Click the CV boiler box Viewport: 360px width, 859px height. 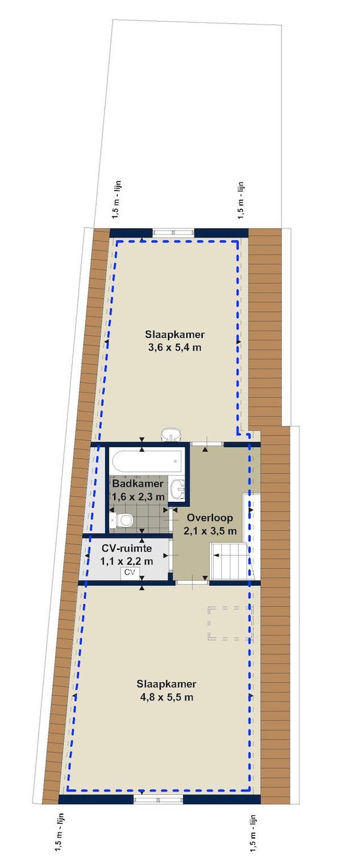pos(130,572)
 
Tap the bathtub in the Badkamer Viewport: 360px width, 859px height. pos(148,462)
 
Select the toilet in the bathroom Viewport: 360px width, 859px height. pos(122,521)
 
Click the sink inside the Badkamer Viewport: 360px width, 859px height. pos(178,489)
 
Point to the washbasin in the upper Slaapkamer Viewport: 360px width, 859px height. pos(171,435)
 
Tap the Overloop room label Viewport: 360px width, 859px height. pos(210,517)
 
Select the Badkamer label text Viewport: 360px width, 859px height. pos(137,483)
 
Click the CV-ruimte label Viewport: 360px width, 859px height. pos(127,548)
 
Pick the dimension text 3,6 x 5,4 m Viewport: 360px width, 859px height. pos(175,348)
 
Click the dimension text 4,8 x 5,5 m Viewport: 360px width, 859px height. pos(167,697)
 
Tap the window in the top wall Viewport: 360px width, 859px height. pos(173,232)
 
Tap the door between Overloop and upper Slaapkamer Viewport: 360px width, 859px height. pos(206,444)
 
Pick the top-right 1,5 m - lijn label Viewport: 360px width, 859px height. pos(241,199)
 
